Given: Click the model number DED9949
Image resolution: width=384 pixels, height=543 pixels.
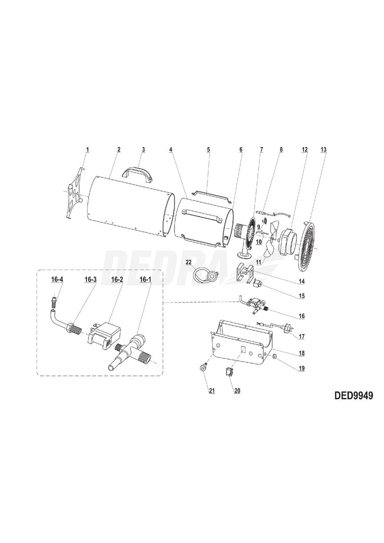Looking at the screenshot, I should click(352, 395).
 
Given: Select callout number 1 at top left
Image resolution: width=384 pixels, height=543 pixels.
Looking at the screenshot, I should click(87, 149).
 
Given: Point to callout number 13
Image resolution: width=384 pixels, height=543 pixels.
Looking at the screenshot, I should click(324, 149).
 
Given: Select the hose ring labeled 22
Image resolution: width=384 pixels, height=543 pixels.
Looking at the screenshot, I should click(204, 274).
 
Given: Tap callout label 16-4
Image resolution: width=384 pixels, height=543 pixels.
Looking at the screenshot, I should click(57, 279).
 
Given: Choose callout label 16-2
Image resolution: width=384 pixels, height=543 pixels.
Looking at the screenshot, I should click(117, 279).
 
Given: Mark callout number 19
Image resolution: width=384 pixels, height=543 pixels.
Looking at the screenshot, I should click(301, 368).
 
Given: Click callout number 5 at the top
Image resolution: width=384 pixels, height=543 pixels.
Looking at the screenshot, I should click(209, 149).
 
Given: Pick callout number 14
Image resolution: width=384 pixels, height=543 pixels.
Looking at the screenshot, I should click(301, 282).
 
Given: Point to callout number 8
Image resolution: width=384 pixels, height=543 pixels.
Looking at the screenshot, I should click(281, 149).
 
